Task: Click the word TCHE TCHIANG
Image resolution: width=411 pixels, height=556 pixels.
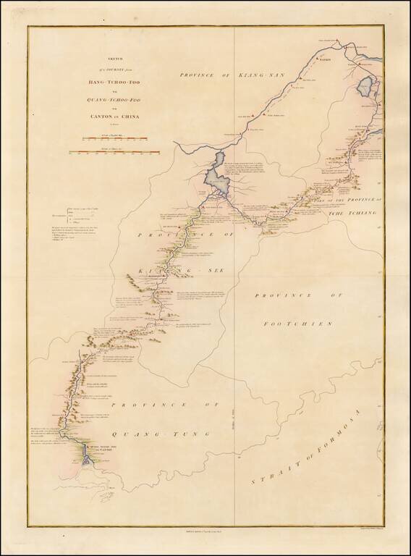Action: coord(365,203)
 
